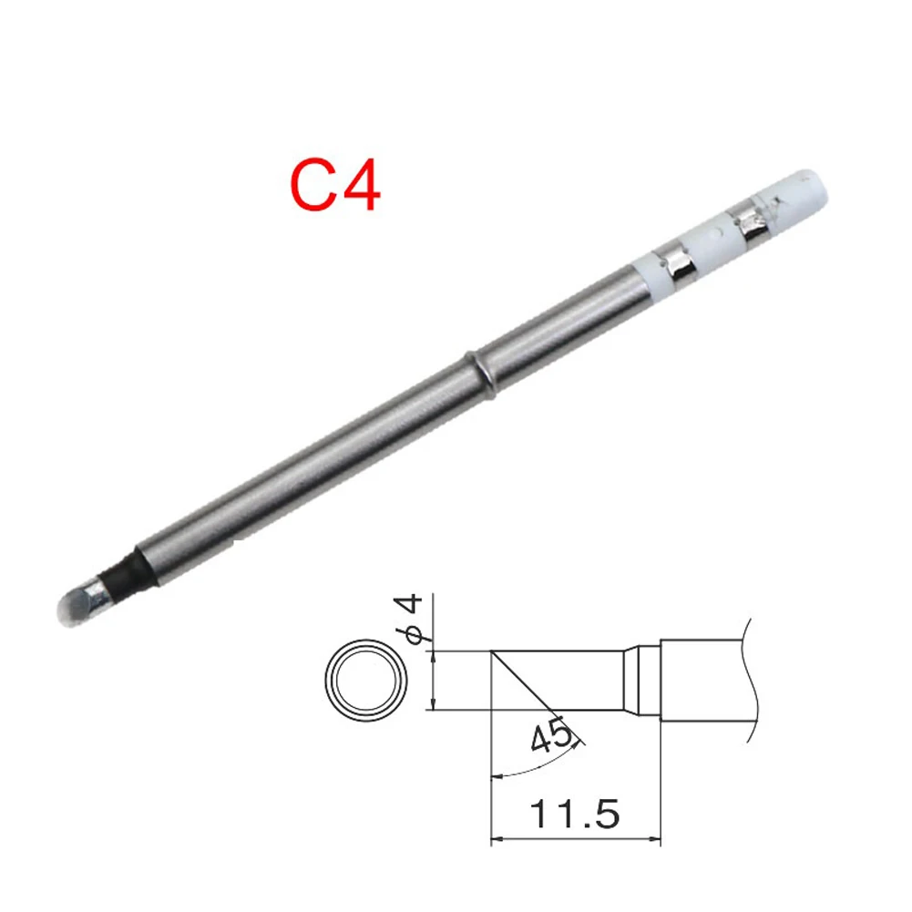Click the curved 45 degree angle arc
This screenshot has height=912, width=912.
[538, 763]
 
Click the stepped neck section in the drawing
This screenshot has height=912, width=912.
[641, 680]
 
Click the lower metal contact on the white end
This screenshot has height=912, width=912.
[676, 262]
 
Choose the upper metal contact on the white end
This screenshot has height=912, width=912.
[754, 221]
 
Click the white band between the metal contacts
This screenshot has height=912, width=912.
[715, 241]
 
